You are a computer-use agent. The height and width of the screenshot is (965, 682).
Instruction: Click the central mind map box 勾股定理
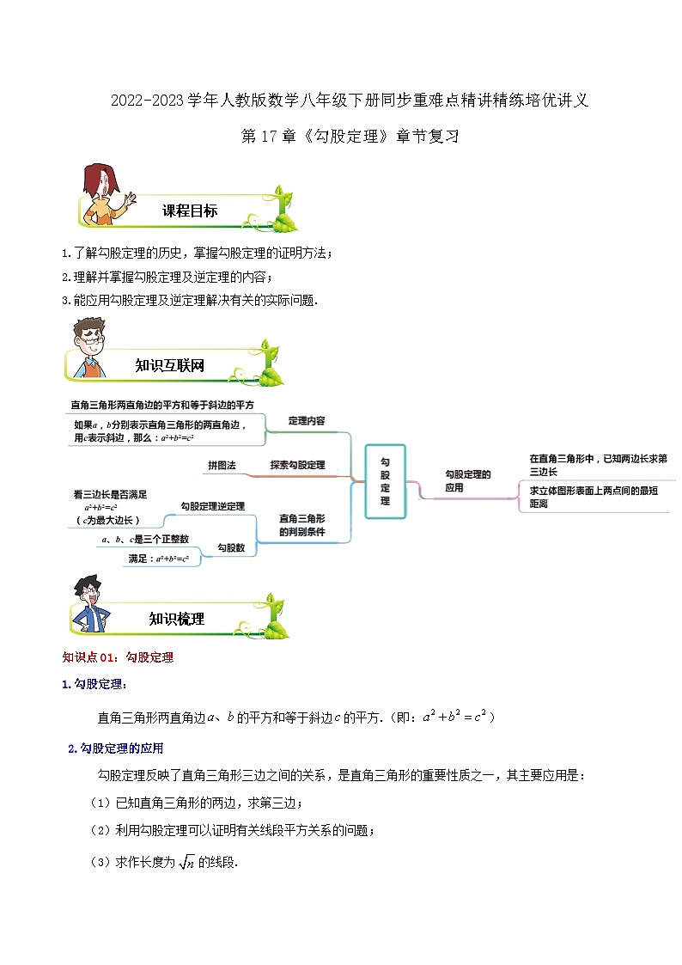click(x=385, y=481)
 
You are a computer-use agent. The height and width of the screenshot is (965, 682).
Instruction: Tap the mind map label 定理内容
click(x=307, y=421)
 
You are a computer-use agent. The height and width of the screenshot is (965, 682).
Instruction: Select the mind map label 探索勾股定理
click(x=298, y=465)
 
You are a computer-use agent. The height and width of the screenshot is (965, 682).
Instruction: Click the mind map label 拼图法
click(x=222, y=465)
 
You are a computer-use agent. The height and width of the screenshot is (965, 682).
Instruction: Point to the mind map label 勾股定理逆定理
click(x=213, y=506)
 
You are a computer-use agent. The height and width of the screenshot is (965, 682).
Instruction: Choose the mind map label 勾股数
click(x=231, y=547)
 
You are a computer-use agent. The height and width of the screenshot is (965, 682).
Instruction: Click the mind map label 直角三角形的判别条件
click(x=302, y=525)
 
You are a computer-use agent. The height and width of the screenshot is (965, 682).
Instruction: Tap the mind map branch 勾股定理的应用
click(x=468, y=480)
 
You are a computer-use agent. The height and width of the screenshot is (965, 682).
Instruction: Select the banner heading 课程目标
click(x=190, y=211)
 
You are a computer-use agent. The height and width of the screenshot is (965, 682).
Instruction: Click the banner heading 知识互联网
click(x=170, y=365)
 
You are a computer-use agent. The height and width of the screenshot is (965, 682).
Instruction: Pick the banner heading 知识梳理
click(x=176, y=619)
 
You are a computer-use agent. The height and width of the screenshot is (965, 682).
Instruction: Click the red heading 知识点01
click(x=88, y=657)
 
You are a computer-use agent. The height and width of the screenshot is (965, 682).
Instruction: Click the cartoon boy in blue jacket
click(x=91, y=604)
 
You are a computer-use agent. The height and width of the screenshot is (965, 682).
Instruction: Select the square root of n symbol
click(x=186, y=862)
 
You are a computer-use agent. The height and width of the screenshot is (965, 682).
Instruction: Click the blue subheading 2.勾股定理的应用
click(x=116, y=748)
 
